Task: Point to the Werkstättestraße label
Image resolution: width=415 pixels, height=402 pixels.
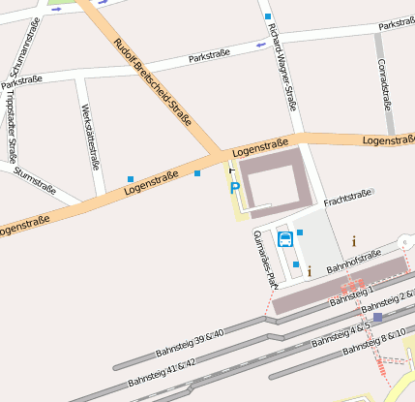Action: point(91,136)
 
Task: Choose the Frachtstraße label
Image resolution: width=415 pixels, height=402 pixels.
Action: point(348,199)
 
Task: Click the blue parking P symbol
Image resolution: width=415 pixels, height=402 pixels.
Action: point(234,187)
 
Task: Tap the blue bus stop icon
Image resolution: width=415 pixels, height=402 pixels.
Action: point(284,238)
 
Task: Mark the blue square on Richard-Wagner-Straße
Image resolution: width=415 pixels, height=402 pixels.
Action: point(267,16)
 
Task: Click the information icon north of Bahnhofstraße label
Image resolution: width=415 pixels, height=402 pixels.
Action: point(353,241)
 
